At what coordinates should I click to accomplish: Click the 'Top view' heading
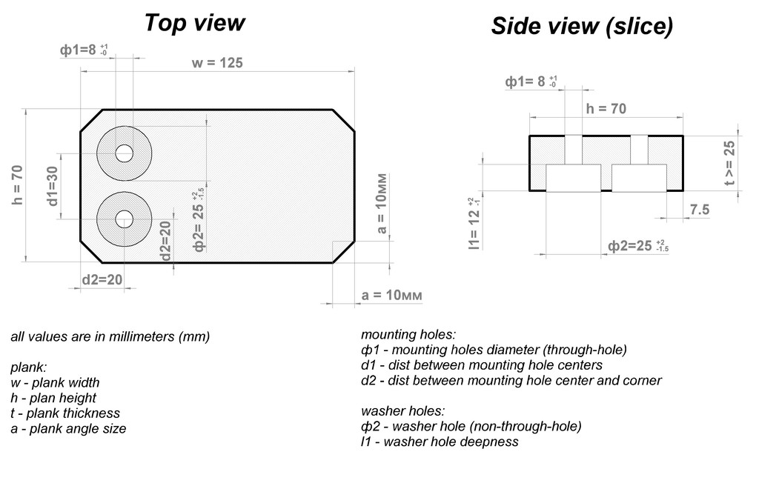pos(195,23)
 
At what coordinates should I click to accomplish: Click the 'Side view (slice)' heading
pos(582,26)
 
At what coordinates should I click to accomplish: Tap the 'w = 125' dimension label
pos(217,63)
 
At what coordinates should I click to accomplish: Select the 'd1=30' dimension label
pos(53,186)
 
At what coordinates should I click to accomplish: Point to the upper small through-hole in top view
pos(125,153)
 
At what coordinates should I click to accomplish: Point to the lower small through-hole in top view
pos(125,219)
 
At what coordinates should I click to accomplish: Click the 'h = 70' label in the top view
pos(18,184)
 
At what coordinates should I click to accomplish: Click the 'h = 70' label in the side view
pos(606,109)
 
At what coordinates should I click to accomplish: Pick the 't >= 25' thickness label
pos(729,163)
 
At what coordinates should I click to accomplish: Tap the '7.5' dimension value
pos(700,210)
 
